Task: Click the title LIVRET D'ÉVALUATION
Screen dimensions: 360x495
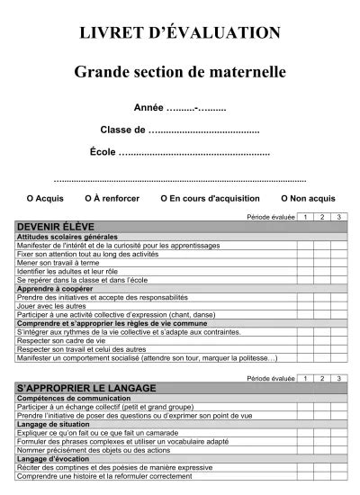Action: (x=179, y=32)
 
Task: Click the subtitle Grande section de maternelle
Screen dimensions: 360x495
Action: (x=179, y=69)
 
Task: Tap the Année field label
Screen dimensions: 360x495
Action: (x=148, y=107)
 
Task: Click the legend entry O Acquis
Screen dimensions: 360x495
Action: (x=45, y=197)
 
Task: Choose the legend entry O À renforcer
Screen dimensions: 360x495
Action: (x=112, y=197)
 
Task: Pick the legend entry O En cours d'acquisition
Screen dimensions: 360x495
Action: (x=210, y=197)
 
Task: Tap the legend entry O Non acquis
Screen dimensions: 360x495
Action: (x=308, y=197)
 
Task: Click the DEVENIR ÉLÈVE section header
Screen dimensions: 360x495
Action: (x=56, y=227)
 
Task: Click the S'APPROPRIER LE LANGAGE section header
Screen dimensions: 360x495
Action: (x=86, y=388)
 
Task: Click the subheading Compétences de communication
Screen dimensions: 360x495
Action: (x=67, y=398)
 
